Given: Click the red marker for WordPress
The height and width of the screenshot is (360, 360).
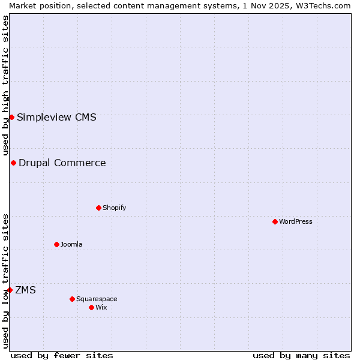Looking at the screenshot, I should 275,221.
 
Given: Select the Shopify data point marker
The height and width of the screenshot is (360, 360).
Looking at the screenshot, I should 98,208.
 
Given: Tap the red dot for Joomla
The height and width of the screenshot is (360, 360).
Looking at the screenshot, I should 56,244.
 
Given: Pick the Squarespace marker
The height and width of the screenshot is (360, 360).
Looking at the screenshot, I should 72,299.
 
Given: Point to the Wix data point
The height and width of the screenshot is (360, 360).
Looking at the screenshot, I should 91,307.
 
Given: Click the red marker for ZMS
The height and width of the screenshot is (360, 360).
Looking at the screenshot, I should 10,290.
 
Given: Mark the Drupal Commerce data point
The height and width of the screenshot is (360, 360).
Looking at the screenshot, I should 13,163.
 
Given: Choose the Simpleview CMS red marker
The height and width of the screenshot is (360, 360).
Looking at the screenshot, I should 11,117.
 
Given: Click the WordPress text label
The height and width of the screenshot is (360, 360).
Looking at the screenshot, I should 296,221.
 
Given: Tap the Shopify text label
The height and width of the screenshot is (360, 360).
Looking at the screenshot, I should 114,208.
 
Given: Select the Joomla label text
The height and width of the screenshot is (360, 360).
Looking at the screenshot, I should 71,244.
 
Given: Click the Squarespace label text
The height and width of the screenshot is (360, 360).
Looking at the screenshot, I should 97,299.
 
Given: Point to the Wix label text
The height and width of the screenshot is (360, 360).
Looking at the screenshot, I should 101,307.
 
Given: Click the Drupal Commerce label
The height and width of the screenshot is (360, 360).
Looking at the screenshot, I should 62,163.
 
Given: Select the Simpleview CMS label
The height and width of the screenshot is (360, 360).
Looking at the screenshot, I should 56,117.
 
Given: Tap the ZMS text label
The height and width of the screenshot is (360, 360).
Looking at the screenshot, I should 25,290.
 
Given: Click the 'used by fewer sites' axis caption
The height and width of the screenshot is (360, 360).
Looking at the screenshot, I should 62,355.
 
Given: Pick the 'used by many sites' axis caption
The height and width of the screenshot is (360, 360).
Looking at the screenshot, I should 301,355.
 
